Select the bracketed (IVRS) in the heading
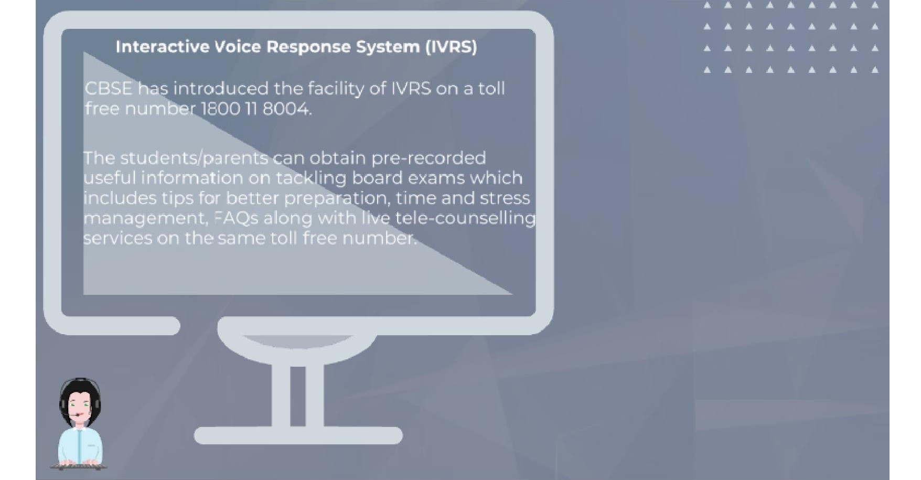(451, 47)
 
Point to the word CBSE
(109, 88)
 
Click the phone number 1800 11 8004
(256, 109)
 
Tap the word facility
(336, 88)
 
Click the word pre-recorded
(429, 158)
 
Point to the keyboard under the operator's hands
(79, 465)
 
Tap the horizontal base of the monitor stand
(298, 435)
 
